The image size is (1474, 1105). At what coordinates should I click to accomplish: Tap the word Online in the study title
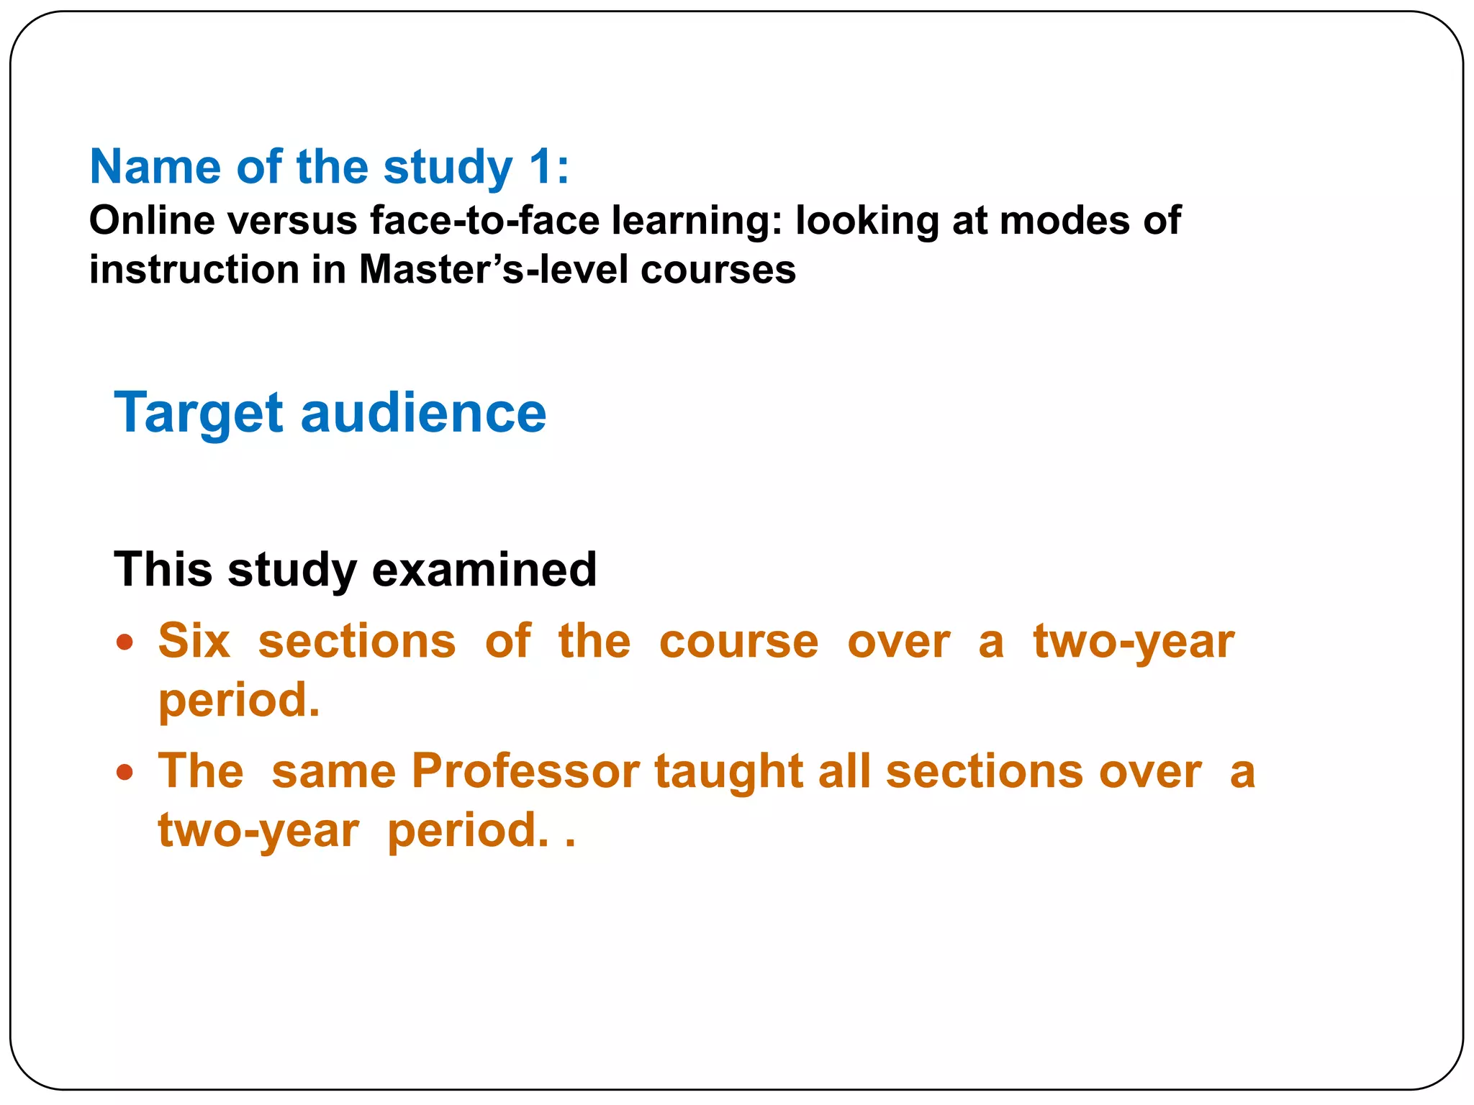[151, 220]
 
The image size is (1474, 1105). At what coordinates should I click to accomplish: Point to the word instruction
[194, 270]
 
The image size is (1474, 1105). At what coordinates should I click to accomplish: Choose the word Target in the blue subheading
[199, 413]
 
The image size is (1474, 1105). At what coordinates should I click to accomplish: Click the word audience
[423, 413]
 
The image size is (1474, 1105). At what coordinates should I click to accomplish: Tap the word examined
[484, 570]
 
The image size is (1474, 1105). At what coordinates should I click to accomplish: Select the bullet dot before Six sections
[125, 642]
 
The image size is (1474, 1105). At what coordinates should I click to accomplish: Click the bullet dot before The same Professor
[125, 773]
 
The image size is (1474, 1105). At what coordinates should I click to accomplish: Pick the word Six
[194, 641]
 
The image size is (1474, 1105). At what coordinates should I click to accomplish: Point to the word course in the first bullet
[738, 641]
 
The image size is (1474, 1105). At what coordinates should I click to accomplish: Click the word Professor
[525, 771]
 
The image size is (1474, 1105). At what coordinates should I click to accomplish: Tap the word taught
[728, 771]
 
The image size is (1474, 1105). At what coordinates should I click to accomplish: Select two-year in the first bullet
[1134, 641]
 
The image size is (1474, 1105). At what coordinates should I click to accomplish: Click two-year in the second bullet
[258, 830]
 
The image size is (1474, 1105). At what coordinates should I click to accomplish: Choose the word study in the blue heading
[447, 167]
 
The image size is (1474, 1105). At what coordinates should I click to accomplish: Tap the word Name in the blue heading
[155, 167]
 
